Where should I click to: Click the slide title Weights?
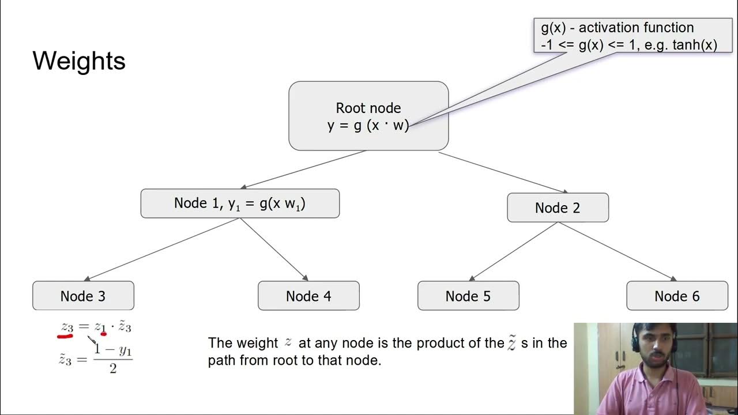point(79,61)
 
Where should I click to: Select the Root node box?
point(368,115)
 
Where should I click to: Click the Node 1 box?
point(240,203)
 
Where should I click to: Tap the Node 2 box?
point(558,207)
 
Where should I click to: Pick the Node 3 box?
point(83,296)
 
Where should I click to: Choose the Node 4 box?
point(308,296)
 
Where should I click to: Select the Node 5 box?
point(468,296)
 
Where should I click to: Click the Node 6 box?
point(677,296)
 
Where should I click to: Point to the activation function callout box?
point(629,36)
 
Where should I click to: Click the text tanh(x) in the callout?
point(695,45)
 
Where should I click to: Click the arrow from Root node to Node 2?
point(503,172)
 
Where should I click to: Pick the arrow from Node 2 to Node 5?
point(513,251)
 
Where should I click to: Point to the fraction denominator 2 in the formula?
point(113,368)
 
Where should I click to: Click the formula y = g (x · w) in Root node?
point(368,125)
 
